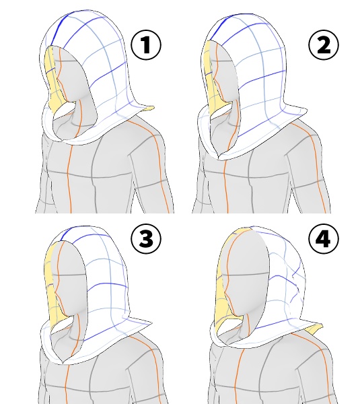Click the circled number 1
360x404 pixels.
146,45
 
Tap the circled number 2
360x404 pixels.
324,45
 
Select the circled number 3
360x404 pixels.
146,238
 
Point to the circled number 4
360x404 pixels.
324,238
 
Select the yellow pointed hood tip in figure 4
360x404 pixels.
316,329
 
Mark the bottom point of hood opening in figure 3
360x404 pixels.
63,364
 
